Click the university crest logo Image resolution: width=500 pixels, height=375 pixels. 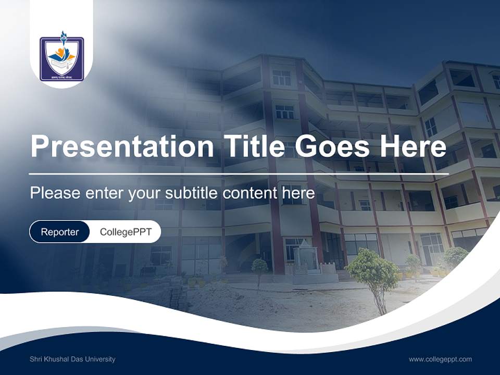pos(62,58)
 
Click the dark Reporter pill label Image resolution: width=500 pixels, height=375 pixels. pos(60,232)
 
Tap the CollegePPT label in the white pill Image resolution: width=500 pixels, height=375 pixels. pos(126,232)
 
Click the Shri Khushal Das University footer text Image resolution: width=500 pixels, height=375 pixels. pos(72,359)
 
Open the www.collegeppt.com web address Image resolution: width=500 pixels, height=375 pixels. pos(440,359)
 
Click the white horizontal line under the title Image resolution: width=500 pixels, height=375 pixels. pos(231,174)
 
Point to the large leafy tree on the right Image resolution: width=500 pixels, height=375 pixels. pos(373,273)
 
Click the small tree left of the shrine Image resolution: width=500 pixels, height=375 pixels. pos(259,268)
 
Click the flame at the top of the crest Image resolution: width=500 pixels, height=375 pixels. pos(64,36)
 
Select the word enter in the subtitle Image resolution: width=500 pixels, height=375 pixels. pos(104,193)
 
